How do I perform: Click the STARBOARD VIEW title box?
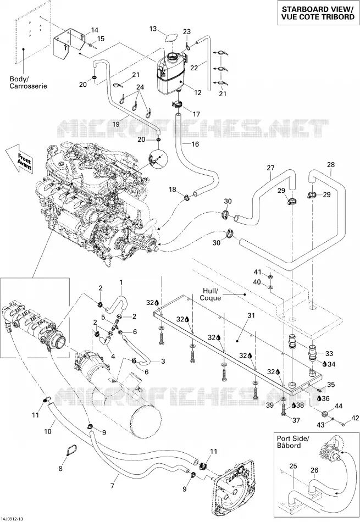pos(318,13)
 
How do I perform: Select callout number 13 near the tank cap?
pos(153,29)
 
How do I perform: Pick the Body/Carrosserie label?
pos(29,82)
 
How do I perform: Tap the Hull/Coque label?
pos(211,294)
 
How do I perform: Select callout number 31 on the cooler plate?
pos(251,315)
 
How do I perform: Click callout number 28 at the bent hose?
pos(331,164)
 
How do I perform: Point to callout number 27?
pos(270,168)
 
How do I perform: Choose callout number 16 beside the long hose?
pos(195,144)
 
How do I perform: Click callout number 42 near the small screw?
pos(356,418)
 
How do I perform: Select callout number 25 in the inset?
pos(293,467)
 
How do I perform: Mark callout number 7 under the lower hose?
pos(112,486)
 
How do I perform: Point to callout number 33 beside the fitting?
pos(329,353)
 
